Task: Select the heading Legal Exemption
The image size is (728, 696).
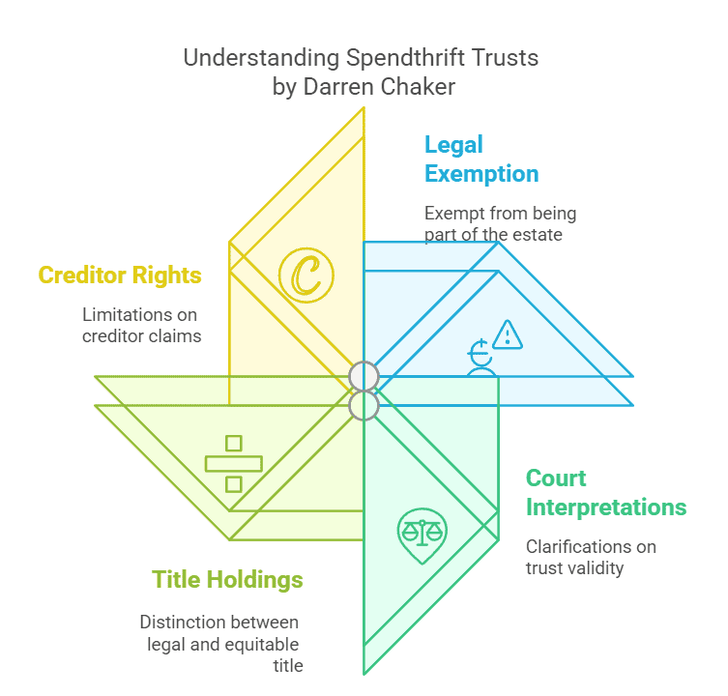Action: point(481,159)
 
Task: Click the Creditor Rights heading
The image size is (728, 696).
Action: point(120,275)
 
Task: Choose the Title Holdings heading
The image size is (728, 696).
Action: point(227,580)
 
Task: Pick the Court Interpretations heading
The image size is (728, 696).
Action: point(605,493)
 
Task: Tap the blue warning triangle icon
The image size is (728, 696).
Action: point(507,334)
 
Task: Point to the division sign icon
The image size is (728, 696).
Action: point(233,462)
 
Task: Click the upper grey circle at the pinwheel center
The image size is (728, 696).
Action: point(364,375)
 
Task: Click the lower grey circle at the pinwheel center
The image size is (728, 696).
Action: point(364,406)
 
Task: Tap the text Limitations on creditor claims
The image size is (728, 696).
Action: point(141,325)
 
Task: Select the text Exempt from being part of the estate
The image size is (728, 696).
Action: point(500,223)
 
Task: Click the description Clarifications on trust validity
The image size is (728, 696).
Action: point(591,557)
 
